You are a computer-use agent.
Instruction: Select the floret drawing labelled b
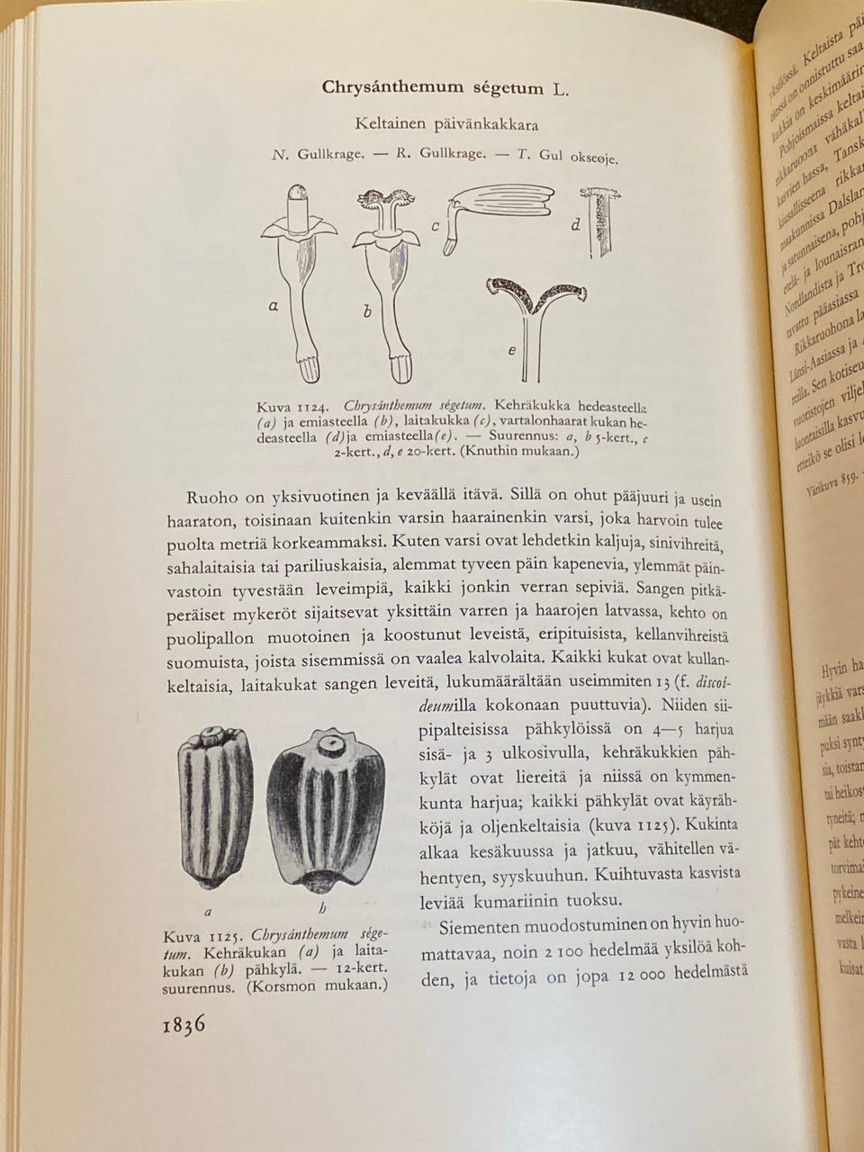point(387,279)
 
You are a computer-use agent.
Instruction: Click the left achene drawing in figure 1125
point(215,801)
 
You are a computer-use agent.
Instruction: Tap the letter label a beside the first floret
point(273,306)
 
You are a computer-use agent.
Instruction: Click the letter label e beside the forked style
point(511,350)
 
